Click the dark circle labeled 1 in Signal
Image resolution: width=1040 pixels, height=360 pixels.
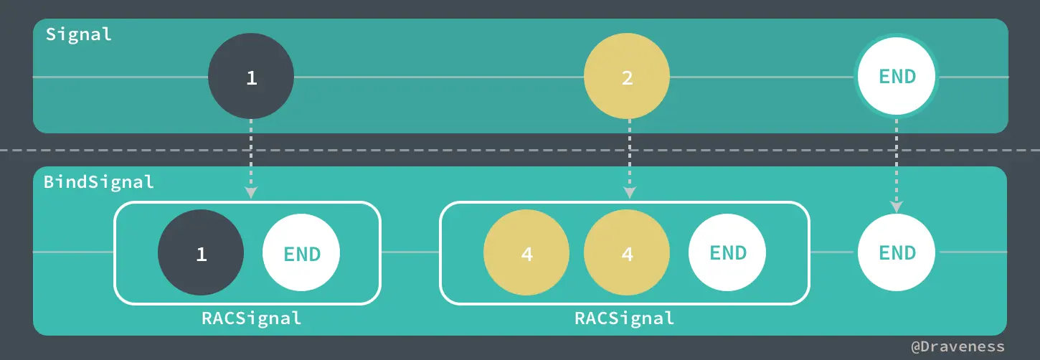(x=251, y=77)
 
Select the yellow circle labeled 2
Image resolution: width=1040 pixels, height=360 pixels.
(x=627, y=77)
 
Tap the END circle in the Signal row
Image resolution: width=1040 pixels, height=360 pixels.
(x=897, y=77)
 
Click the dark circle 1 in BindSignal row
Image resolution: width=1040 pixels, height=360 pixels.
(x=201, y=252)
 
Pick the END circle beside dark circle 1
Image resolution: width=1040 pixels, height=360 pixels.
(x=301, y=252)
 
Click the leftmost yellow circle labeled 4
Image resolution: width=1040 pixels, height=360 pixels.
(x=526, y=252)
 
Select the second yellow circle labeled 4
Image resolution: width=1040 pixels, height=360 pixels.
(x=627, y=252)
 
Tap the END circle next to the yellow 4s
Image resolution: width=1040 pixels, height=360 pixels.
(x=727, y=252)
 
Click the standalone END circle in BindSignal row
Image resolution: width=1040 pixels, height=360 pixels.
(x=897, y=252)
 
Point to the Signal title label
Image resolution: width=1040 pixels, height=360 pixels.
(x=79, y=34)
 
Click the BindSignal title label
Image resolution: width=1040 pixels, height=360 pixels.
(x=99, y=181)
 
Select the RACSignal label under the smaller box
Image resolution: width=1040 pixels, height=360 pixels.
(x=251, y=318)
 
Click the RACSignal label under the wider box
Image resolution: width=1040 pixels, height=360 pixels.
(x=625, y=318)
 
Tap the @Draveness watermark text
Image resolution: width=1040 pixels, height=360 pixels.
(x=958, y=347)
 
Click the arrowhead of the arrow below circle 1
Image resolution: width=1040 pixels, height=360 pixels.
(x=251, y=192)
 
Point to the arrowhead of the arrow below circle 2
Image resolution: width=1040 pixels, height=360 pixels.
(x=629, y=192)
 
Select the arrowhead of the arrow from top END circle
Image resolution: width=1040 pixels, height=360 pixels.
(x=897, y=207)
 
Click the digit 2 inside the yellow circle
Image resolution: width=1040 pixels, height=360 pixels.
(x=627, y=77)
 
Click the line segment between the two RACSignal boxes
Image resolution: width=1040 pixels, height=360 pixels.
(x=410, y=252)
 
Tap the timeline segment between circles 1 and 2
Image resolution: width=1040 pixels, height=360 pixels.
(x=438, y=77)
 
